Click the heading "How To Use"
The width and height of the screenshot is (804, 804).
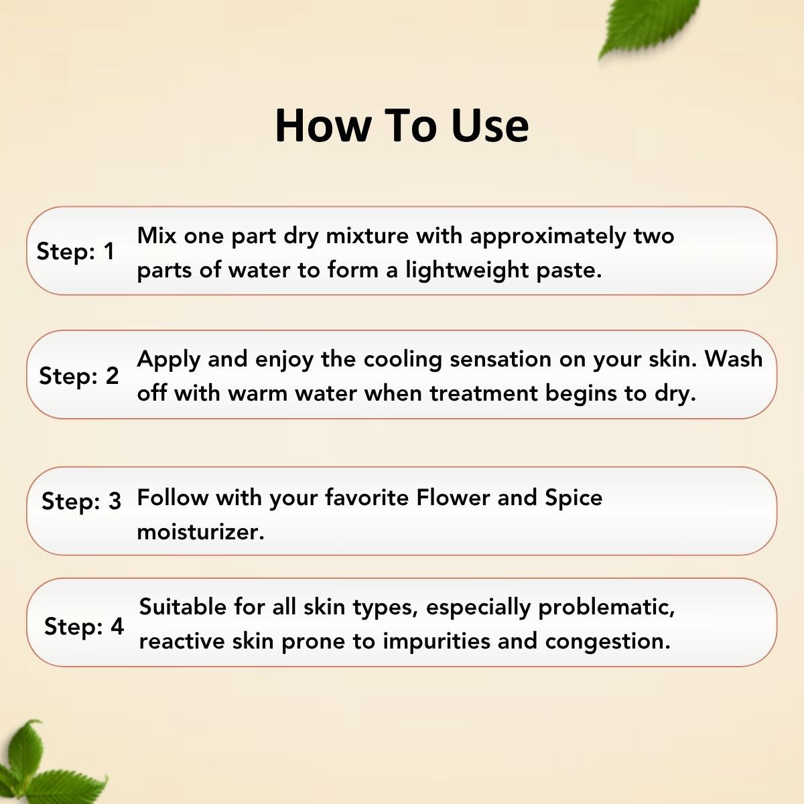point(401,125)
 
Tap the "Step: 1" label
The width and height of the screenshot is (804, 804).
point(75,252)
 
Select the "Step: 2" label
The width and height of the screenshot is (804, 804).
point(78,376)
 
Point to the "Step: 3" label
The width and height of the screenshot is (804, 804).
point(81,500)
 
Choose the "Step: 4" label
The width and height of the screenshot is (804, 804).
point(84,626)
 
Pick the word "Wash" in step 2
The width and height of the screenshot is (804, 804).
point(734,359)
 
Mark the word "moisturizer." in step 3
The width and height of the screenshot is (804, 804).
point(200,532)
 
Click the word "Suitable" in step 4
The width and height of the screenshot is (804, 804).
point(182,607)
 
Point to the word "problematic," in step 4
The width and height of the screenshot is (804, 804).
point(606,608)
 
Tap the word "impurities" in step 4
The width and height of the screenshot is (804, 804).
point(436,642)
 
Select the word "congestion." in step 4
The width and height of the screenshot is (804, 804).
point(607,642)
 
